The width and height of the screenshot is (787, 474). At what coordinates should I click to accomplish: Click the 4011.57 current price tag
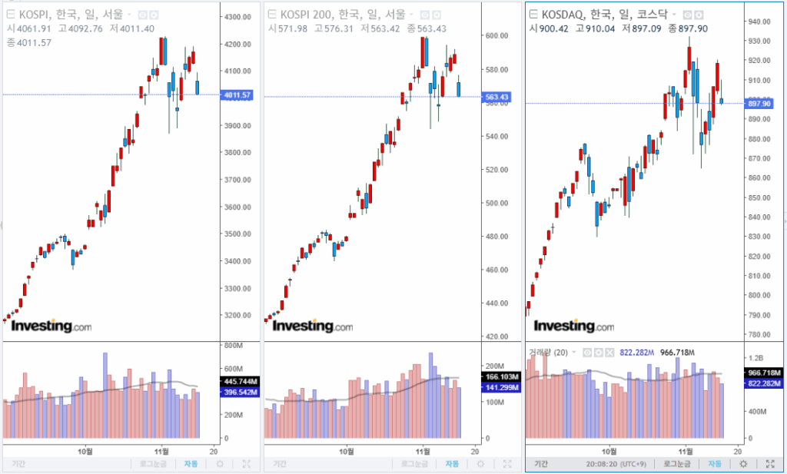click(237, 95)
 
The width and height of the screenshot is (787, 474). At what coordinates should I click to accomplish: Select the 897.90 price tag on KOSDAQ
click(761, 104)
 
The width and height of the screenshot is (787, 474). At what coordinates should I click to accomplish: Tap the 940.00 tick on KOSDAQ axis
click(761, 22)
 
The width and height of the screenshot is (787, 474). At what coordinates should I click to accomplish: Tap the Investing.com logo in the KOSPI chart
click(51, 326)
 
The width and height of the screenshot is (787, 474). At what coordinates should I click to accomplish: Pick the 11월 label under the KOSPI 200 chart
click(424, 451)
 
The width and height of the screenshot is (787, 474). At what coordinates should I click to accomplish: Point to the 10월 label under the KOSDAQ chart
click(609, 451)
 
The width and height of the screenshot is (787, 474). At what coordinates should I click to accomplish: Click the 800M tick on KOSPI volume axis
click(233, 346)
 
